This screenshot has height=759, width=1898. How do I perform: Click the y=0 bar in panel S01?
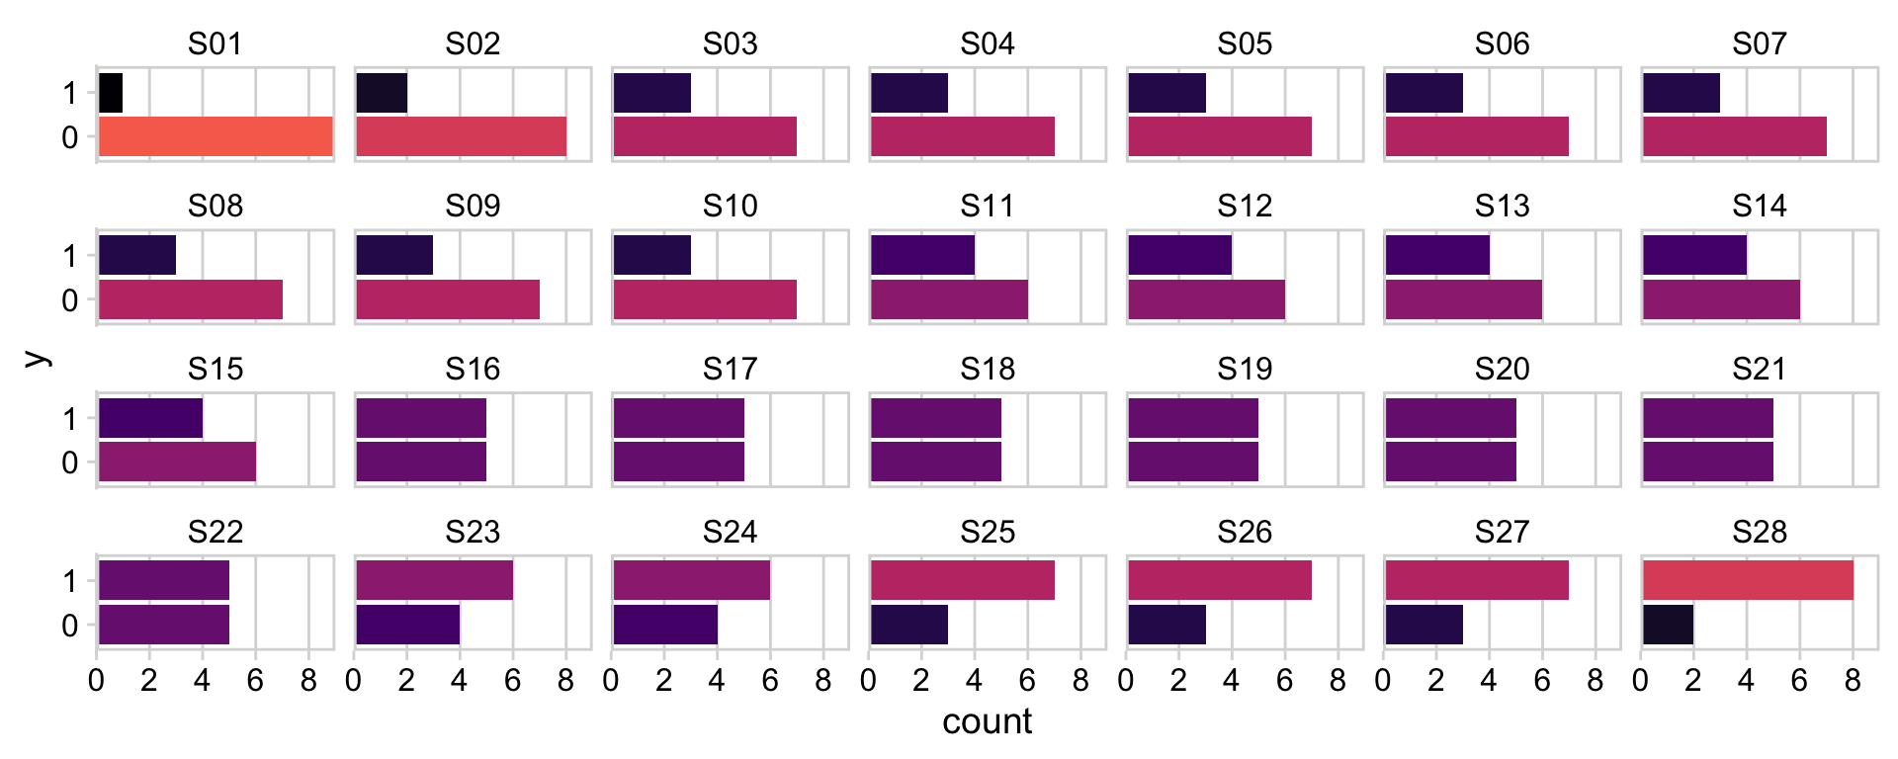pyautogui.click(x=216, y=136)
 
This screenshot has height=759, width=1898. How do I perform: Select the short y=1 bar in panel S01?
pyautogui.click(x=111, y=93)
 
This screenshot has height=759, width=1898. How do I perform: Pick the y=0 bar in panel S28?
pyautogui.click(x=1668, y=625)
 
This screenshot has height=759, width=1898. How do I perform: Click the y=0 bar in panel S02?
pyautogui.click(x=461, y=136)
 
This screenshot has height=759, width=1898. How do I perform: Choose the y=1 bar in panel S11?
pyautogui.click(x=922, y=255)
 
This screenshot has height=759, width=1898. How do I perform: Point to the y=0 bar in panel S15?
pyautogui.click(x=177, y=462)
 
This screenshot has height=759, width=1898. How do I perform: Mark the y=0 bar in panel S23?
pyautogui.click(x=407, y=625)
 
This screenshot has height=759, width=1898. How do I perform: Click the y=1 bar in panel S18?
pyautogui.click(x=935, y=418)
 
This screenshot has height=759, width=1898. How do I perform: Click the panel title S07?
pyautogui.click(x=1760, y=44)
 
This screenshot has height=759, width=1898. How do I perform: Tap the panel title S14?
pyautogui.click(x=1760, y=207)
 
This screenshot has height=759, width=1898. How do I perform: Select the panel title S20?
pyautogui.click(x=1502, y=370)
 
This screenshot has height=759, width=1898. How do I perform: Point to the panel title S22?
pyautogui.click(x=216, y=533)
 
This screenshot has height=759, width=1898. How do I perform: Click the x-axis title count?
pyautogui.click(x=987, y=721)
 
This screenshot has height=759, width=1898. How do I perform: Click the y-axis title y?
pyautogui.click(x=36, y=358)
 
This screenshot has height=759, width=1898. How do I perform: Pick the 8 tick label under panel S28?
pyautogui.click(x=1853, y=681)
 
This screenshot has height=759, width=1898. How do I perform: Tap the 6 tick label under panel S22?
pyautogui.click(x=255, y=681)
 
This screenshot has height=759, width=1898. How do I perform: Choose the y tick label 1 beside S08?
pyautogui.click(x=69, y=256)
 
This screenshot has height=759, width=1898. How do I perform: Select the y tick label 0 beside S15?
pyautogui.click(x=69, y=463)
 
